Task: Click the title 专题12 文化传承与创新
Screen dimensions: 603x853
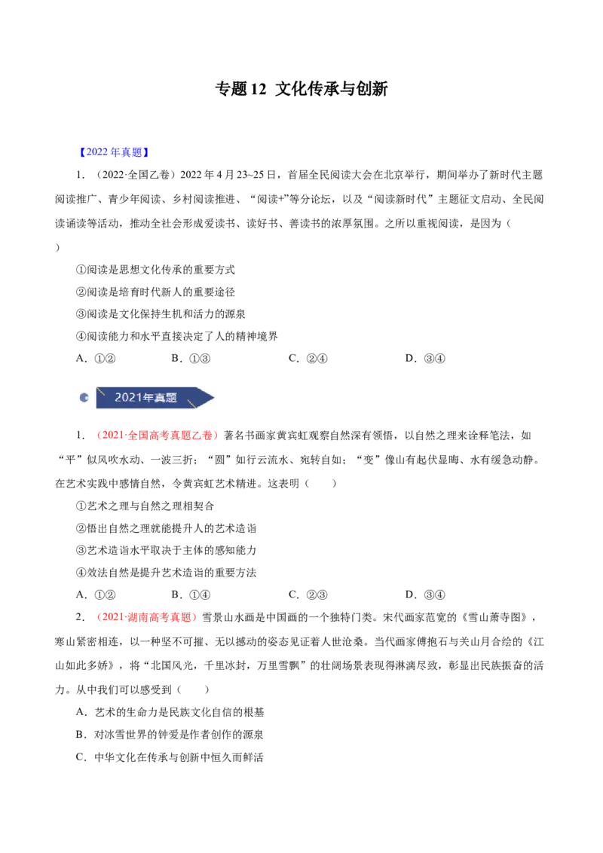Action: (301, 89)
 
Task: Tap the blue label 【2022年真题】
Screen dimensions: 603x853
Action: (114, 152)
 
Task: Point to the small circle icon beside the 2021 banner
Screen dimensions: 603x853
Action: (84, 398)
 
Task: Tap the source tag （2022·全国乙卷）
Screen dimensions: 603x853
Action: (133, 175)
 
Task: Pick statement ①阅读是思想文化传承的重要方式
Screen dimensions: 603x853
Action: (155, 270)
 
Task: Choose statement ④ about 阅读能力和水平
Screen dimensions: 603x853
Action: (177, 336)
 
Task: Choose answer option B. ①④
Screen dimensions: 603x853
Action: (191, 595)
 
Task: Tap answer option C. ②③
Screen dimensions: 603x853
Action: (308, 595)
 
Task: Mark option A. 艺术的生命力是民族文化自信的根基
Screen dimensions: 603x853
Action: (170, 712)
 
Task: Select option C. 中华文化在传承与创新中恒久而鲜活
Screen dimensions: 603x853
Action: (170, 757)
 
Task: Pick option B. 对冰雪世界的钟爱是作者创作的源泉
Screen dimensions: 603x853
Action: (170, 735)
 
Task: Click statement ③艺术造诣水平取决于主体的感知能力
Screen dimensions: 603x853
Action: (166, 551)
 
